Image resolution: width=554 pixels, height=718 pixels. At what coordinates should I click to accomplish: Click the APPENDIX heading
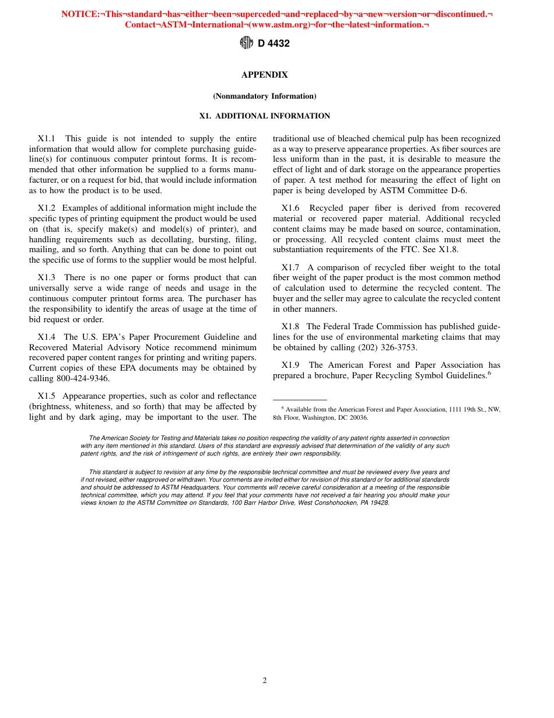click(264, 75)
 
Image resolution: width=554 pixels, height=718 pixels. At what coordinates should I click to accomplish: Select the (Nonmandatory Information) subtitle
click(264, 96)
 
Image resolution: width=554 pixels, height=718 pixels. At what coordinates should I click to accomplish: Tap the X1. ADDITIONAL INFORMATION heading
click(264, 116)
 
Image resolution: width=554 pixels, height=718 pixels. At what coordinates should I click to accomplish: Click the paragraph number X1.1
click(46, 138)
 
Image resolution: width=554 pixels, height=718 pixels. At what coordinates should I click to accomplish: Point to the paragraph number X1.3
click(46, 277)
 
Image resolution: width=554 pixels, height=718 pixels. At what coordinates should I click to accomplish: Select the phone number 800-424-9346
click(85, 378)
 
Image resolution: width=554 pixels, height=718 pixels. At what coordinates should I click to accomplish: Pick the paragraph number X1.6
click(290, 208)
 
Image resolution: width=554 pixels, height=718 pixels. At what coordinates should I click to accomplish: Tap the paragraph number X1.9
click(290, 365)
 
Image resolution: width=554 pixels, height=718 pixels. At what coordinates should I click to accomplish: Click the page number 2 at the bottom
click(265, 680)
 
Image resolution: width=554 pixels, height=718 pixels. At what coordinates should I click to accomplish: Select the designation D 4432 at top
click(274, 43)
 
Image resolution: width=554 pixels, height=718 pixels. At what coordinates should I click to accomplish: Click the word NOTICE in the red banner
click(80, 13)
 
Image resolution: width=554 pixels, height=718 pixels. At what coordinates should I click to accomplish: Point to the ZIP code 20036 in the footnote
click(358, 417)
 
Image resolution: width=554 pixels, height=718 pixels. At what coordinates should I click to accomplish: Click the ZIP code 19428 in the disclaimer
click(380, 503)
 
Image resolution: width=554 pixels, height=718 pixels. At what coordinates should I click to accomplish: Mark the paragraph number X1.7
click(290, 267)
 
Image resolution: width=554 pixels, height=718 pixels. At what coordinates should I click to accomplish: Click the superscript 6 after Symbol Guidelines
click(489, 373)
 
